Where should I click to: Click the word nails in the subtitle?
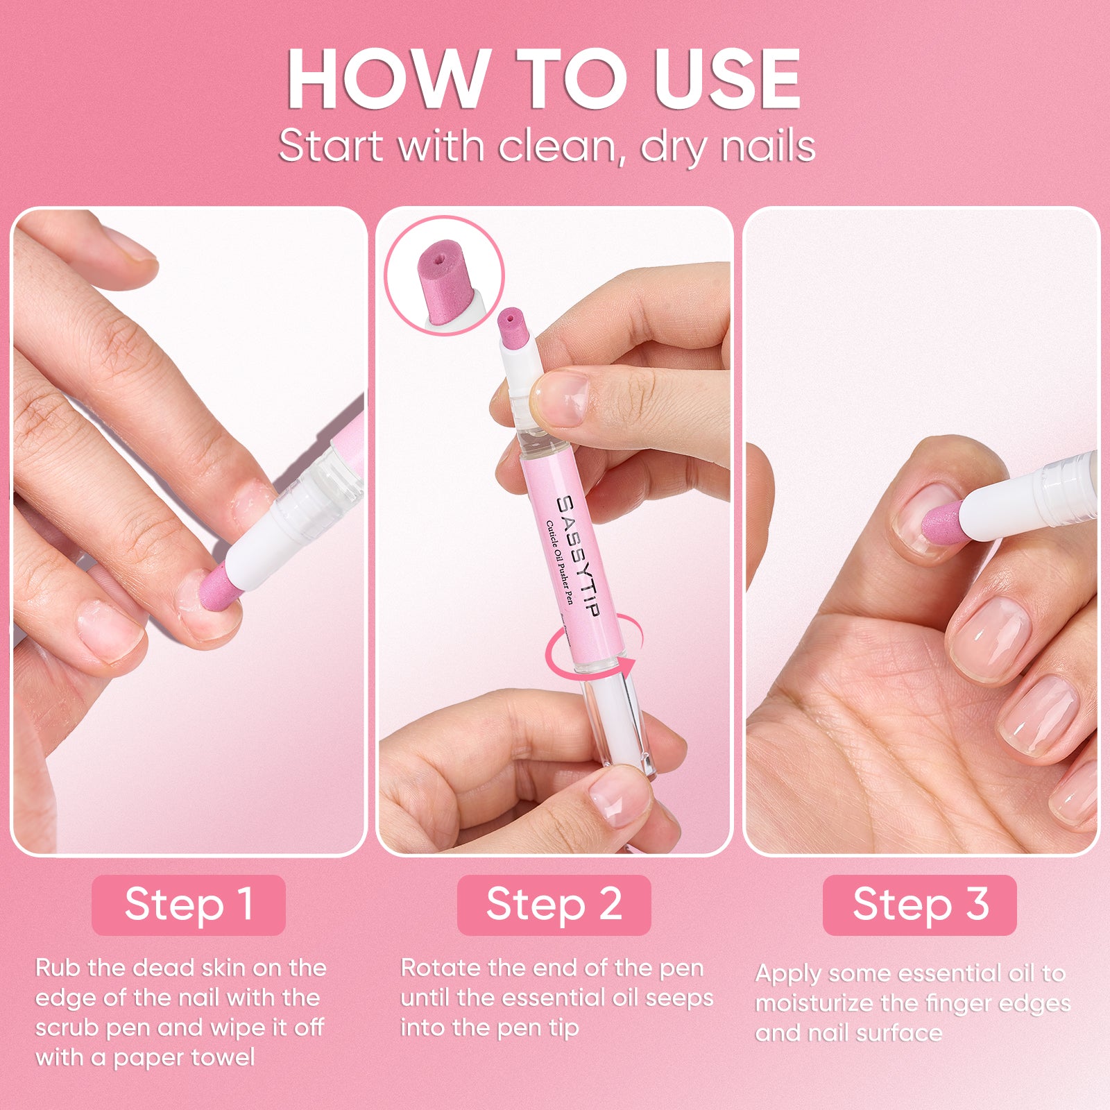pyautogui.click(x=768, y=147)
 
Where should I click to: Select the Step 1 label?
pyautogui.click(x=189, y=905)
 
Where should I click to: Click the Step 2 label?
pyautogui.click(x=554, y=905)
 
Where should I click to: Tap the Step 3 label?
pyautogui.click(x=920, y=905)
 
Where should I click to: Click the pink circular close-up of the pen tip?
pyautogui.click(x=444, y=275)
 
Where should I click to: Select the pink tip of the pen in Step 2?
pyautogui.click(x=513, y=327)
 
